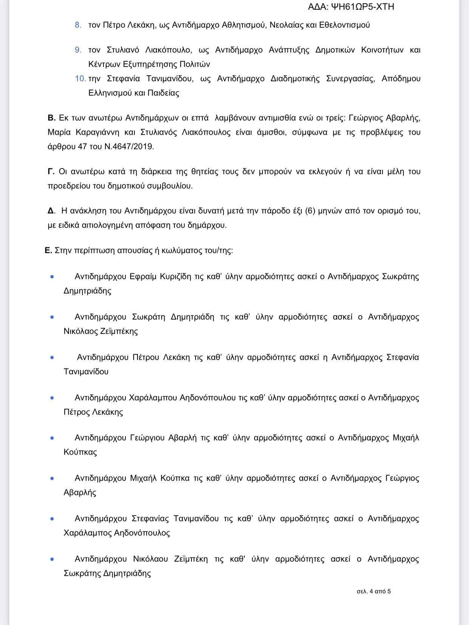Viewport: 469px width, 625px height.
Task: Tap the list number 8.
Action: pos(78,25)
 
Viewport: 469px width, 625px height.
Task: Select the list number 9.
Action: pos(78,50)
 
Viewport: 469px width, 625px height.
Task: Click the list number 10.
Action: pos(80,79)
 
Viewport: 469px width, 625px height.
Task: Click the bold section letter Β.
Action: pos(51,118)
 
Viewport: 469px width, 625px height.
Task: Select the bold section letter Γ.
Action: pos(51,172)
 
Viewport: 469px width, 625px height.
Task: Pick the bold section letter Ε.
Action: pos(48,250)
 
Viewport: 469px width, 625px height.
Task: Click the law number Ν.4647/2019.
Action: pos(129,147)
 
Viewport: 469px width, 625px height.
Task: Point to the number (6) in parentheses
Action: pos(310,211)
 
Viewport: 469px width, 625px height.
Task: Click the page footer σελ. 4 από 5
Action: pos(373,591)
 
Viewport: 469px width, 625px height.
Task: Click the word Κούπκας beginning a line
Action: pos(80,452)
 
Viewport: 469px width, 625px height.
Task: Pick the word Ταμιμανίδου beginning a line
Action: pos(86,372)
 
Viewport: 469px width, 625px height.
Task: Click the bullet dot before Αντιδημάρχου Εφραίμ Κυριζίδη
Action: pos(52,277)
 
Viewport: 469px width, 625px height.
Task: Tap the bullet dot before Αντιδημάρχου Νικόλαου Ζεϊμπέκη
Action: pos(52,559)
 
